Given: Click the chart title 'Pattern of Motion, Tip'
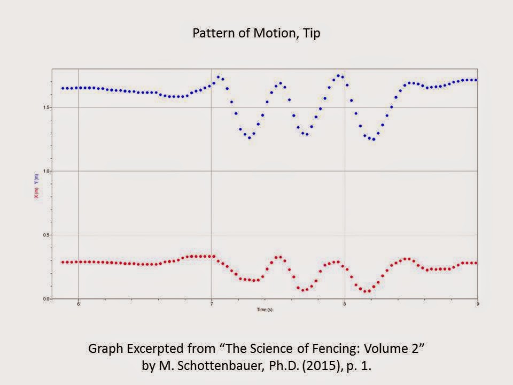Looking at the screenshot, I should click(256, 33).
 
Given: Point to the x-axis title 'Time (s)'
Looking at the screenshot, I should click(264, 310).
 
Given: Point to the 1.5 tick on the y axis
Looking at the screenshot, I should click(46, 107).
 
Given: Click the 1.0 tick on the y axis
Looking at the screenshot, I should click(46, 171).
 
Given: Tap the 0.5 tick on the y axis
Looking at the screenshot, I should click(46, 235).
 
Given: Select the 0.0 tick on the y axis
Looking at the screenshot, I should click(46, 299).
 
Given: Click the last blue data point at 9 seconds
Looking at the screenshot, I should click(476, 80).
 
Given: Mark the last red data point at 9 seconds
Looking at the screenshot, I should click(476, 263).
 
